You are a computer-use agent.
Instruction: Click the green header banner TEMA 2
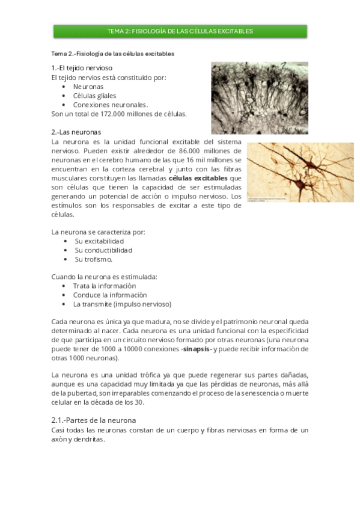(x=180, y=31)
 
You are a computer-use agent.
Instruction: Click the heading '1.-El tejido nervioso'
(x=82, y=68)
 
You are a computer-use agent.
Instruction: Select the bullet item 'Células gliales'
(x=94, y=95)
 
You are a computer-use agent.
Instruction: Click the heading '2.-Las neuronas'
(x=76, y=132)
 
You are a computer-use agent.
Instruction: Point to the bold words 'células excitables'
(x=198, y=178)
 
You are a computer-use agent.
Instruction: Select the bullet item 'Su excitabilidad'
(x=99, y=241)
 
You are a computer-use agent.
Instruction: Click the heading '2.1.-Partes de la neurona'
(x=94, y=420)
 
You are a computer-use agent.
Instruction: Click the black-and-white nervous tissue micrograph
(x=259, y=97)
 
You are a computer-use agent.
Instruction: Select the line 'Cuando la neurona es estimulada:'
(x=104, y=277)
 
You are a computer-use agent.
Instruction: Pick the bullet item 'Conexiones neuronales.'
(x=110, y=104)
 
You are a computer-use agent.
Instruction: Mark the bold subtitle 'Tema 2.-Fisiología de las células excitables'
(x=113, y=54)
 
